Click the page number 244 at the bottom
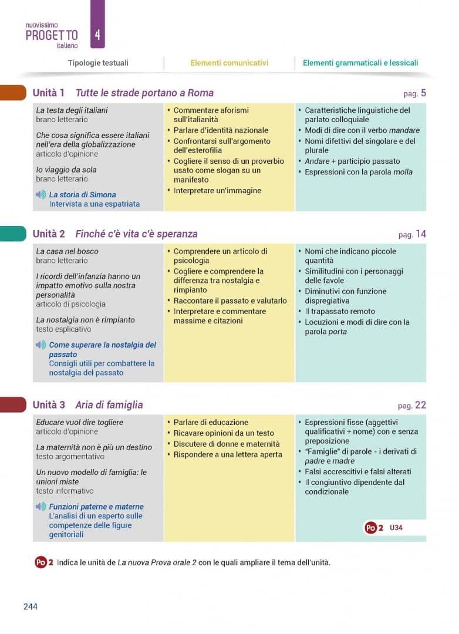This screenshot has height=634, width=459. [31, 606]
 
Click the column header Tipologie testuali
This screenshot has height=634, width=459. [98, 63]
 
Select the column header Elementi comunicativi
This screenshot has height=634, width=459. [229, 63]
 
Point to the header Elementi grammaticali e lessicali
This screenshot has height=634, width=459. [360, 63]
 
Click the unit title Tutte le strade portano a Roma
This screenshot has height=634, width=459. [144, 93]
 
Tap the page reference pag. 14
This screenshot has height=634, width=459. [412, 234]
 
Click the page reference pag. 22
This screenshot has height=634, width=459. [411, 405]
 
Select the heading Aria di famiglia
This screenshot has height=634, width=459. [109, 405]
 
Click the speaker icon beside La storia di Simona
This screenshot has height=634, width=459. [41, 194]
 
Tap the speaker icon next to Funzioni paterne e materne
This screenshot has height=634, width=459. [41, 507]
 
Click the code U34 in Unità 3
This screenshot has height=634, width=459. [396, 528]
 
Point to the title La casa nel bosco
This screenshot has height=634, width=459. [67, 251]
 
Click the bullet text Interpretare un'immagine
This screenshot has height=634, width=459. [217, 190]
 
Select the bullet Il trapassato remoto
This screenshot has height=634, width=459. [339, 311]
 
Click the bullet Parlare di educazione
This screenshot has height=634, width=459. [211, 422]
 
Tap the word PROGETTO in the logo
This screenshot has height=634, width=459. [52, 35]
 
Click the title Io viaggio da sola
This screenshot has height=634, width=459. [66, 170]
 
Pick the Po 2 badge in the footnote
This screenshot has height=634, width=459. [44, 562]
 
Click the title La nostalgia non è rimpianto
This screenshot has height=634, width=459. [85, 320]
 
